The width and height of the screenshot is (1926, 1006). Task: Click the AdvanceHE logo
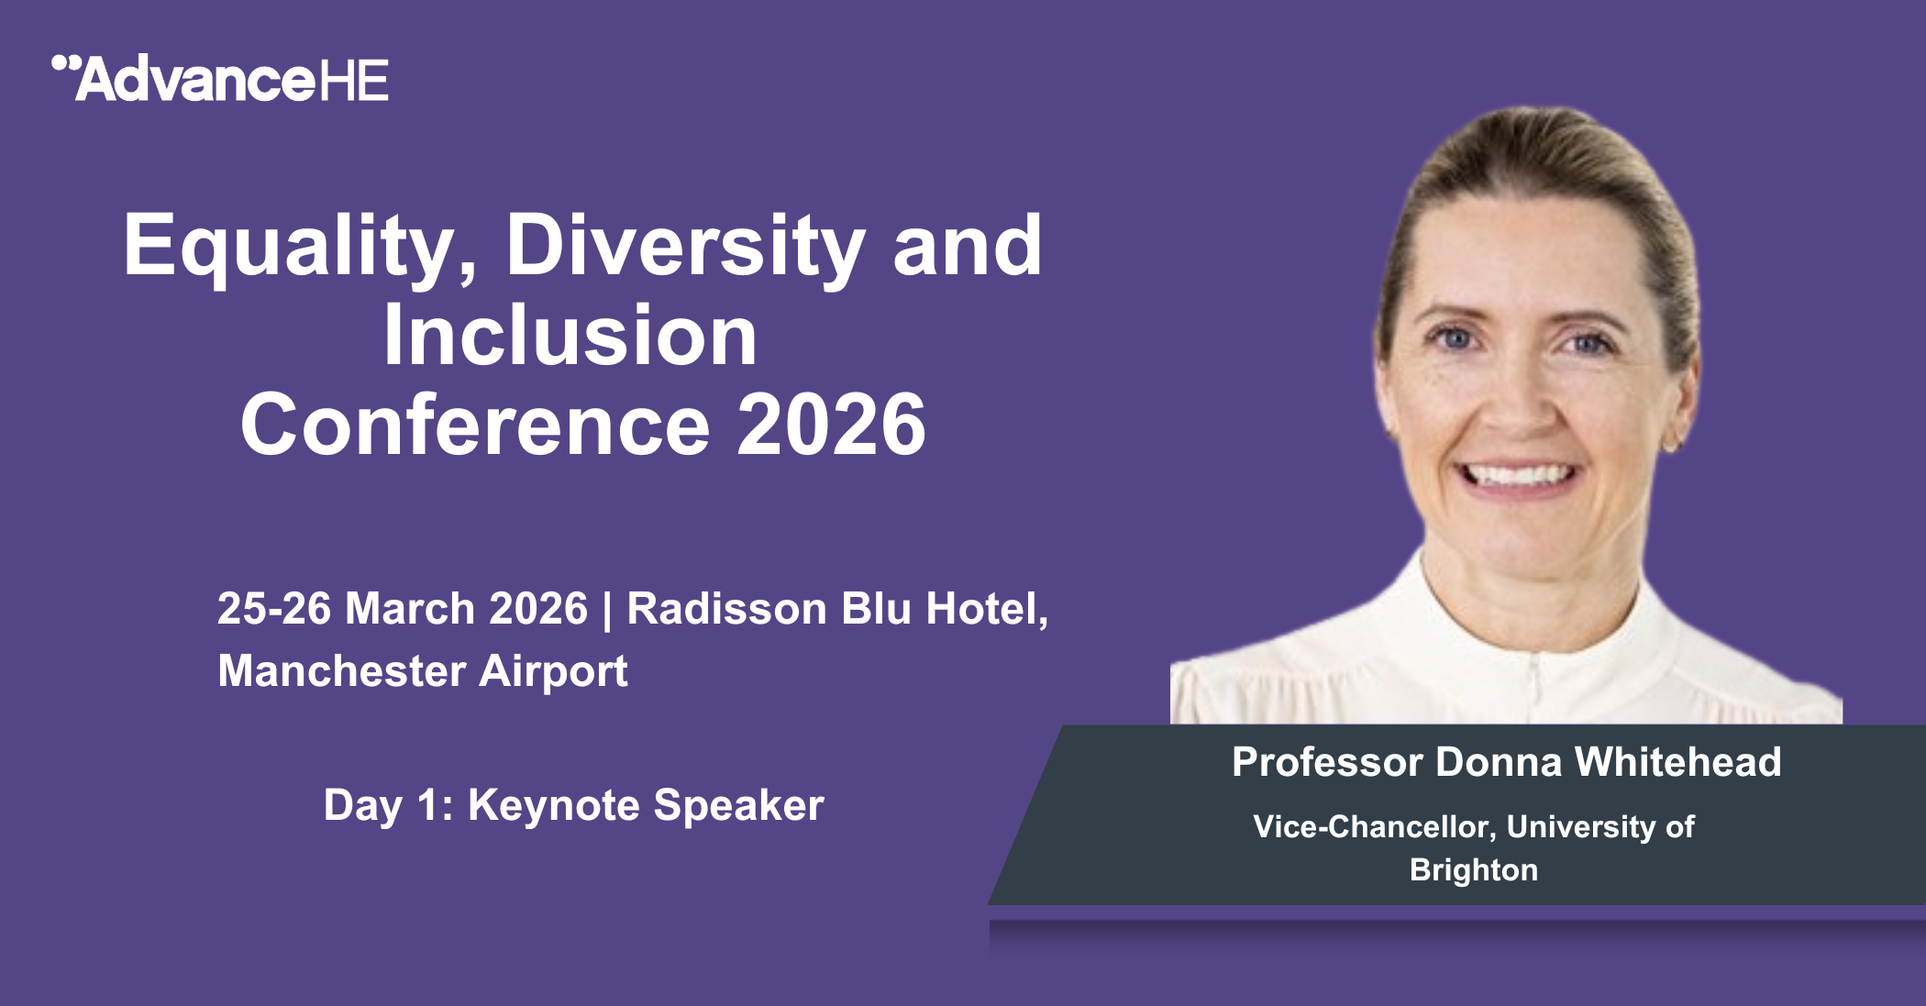(220, 79)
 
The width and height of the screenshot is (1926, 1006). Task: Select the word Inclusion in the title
(570, 336)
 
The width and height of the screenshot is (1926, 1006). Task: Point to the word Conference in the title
(475, 426)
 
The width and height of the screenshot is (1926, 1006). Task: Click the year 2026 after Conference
(832, 426)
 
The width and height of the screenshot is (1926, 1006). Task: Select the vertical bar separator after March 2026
(606, 611)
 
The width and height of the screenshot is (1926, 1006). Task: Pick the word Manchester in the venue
(341, 670)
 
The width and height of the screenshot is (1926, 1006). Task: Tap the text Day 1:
(389, 805)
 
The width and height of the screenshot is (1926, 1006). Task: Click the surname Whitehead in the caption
(1677, 762)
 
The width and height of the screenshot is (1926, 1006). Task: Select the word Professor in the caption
(1327, 762)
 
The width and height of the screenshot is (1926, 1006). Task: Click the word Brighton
(1474, 870)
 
